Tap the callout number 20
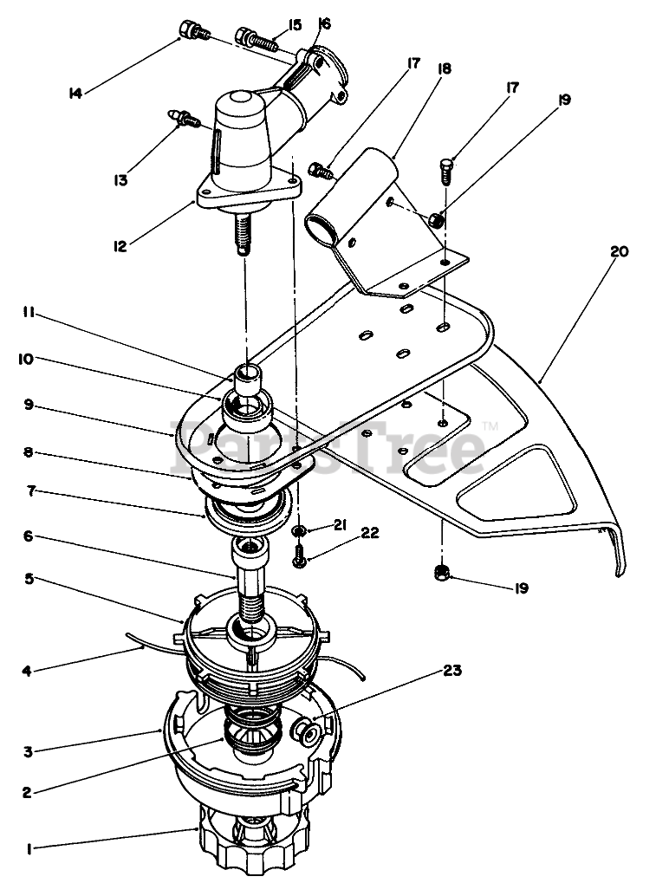coord(619,252)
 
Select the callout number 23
coord(451,670)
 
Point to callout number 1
coord(29,849)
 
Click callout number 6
coord(29,536)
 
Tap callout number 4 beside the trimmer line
coord(27,670)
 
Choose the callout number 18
coord(445,68)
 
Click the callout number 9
coord(29,403)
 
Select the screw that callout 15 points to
coord(257,39)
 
